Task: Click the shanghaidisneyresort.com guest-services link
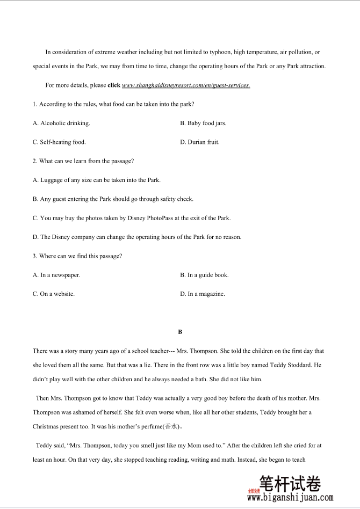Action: [186, 85]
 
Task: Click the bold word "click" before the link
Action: [114, 85]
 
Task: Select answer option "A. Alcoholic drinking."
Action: [61, 123]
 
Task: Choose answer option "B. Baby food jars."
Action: [203, 123]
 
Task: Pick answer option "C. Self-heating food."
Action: [59, 142]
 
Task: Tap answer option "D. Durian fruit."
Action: [200, 142]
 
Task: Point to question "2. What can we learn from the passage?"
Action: [83, 161]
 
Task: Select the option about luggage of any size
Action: [97, 180]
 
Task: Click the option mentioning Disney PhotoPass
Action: [132, 219]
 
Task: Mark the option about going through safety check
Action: [113, 199]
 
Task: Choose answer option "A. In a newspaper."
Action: [56, 275]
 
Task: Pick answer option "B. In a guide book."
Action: [204, 275]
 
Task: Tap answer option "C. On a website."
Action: [54, 294]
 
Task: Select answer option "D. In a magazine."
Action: [203, 294]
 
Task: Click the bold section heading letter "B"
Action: [181, 332]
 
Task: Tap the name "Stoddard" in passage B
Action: [299, 365]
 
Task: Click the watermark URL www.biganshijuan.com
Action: [290, 498]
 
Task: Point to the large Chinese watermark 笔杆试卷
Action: [290, 484]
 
